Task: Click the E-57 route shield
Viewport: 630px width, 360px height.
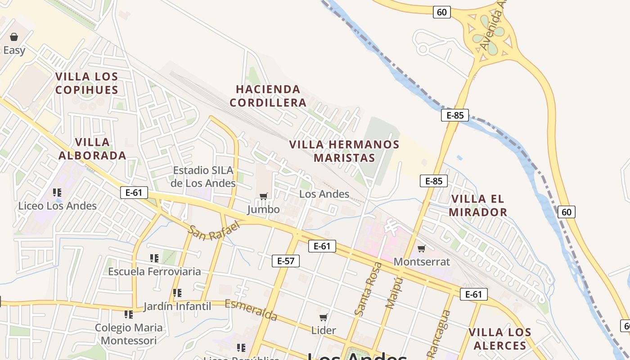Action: pos(286,261)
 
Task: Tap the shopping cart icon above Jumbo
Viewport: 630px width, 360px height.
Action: pos(264,196)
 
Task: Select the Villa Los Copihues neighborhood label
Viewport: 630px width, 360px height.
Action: pos(87,83)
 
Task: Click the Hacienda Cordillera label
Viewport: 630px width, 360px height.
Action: pos(268,96)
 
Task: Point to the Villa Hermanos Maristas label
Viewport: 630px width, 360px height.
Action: pos(344,151)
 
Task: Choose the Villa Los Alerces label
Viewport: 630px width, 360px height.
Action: pos(499,339)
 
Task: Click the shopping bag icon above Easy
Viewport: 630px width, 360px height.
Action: pos(14,37)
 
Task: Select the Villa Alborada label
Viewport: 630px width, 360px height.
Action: pos(92,149)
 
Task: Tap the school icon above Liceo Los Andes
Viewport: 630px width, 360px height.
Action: pos(57,193)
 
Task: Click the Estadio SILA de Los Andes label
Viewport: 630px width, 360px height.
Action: pos(203,177)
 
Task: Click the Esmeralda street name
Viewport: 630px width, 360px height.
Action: pos(251,310)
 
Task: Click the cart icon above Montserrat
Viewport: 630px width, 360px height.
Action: pos(422,248)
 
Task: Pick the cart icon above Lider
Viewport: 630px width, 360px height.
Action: pos(323,317)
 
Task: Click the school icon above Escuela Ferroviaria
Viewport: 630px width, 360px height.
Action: pos(154,258)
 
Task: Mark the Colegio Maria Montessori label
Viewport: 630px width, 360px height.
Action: pos(129,334)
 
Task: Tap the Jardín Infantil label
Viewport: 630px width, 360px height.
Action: pos(177,306)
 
